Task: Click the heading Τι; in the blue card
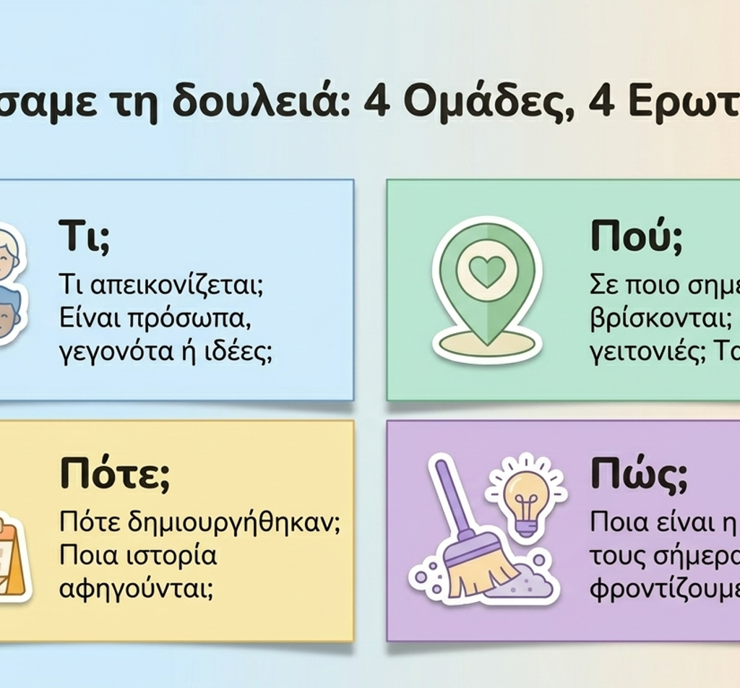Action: pos(85,236)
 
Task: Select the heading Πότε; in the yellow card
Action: pos(115,474)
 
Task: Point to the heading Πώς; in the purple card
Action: pos(639,474)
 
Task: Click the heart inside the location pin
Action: pos(487,272)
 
